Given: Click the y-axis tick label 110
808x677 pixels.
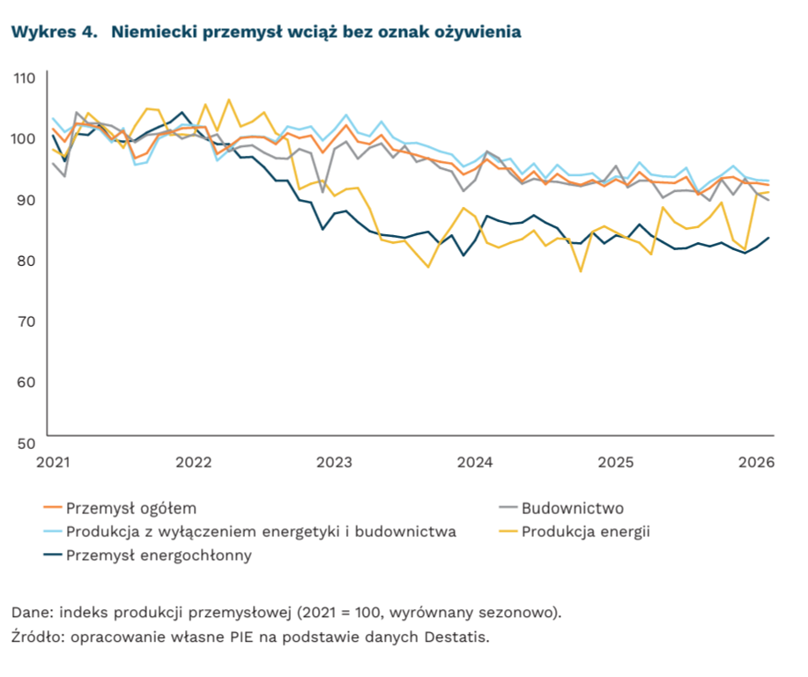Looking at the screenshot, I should pos(24,77).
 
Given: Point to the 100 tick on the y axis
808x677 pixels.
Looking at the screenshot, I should pos(24,138).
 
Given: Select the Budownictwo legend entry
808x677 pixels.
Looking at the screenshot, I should pos(573,508).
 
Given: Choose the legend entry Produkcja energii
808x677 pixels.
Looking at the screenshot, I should pos(585,531).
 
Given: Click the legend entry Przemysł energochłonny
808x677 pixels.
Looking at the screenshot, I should pos(159,555).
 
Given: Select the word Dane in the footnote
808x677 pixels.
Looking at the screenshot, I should pos(27,612).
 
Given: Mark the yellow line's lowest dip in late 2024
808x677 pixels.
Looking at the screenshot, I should pos(581,271).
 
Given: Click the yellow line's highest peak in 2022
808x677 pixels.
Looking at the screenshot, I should pos(229,99).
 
